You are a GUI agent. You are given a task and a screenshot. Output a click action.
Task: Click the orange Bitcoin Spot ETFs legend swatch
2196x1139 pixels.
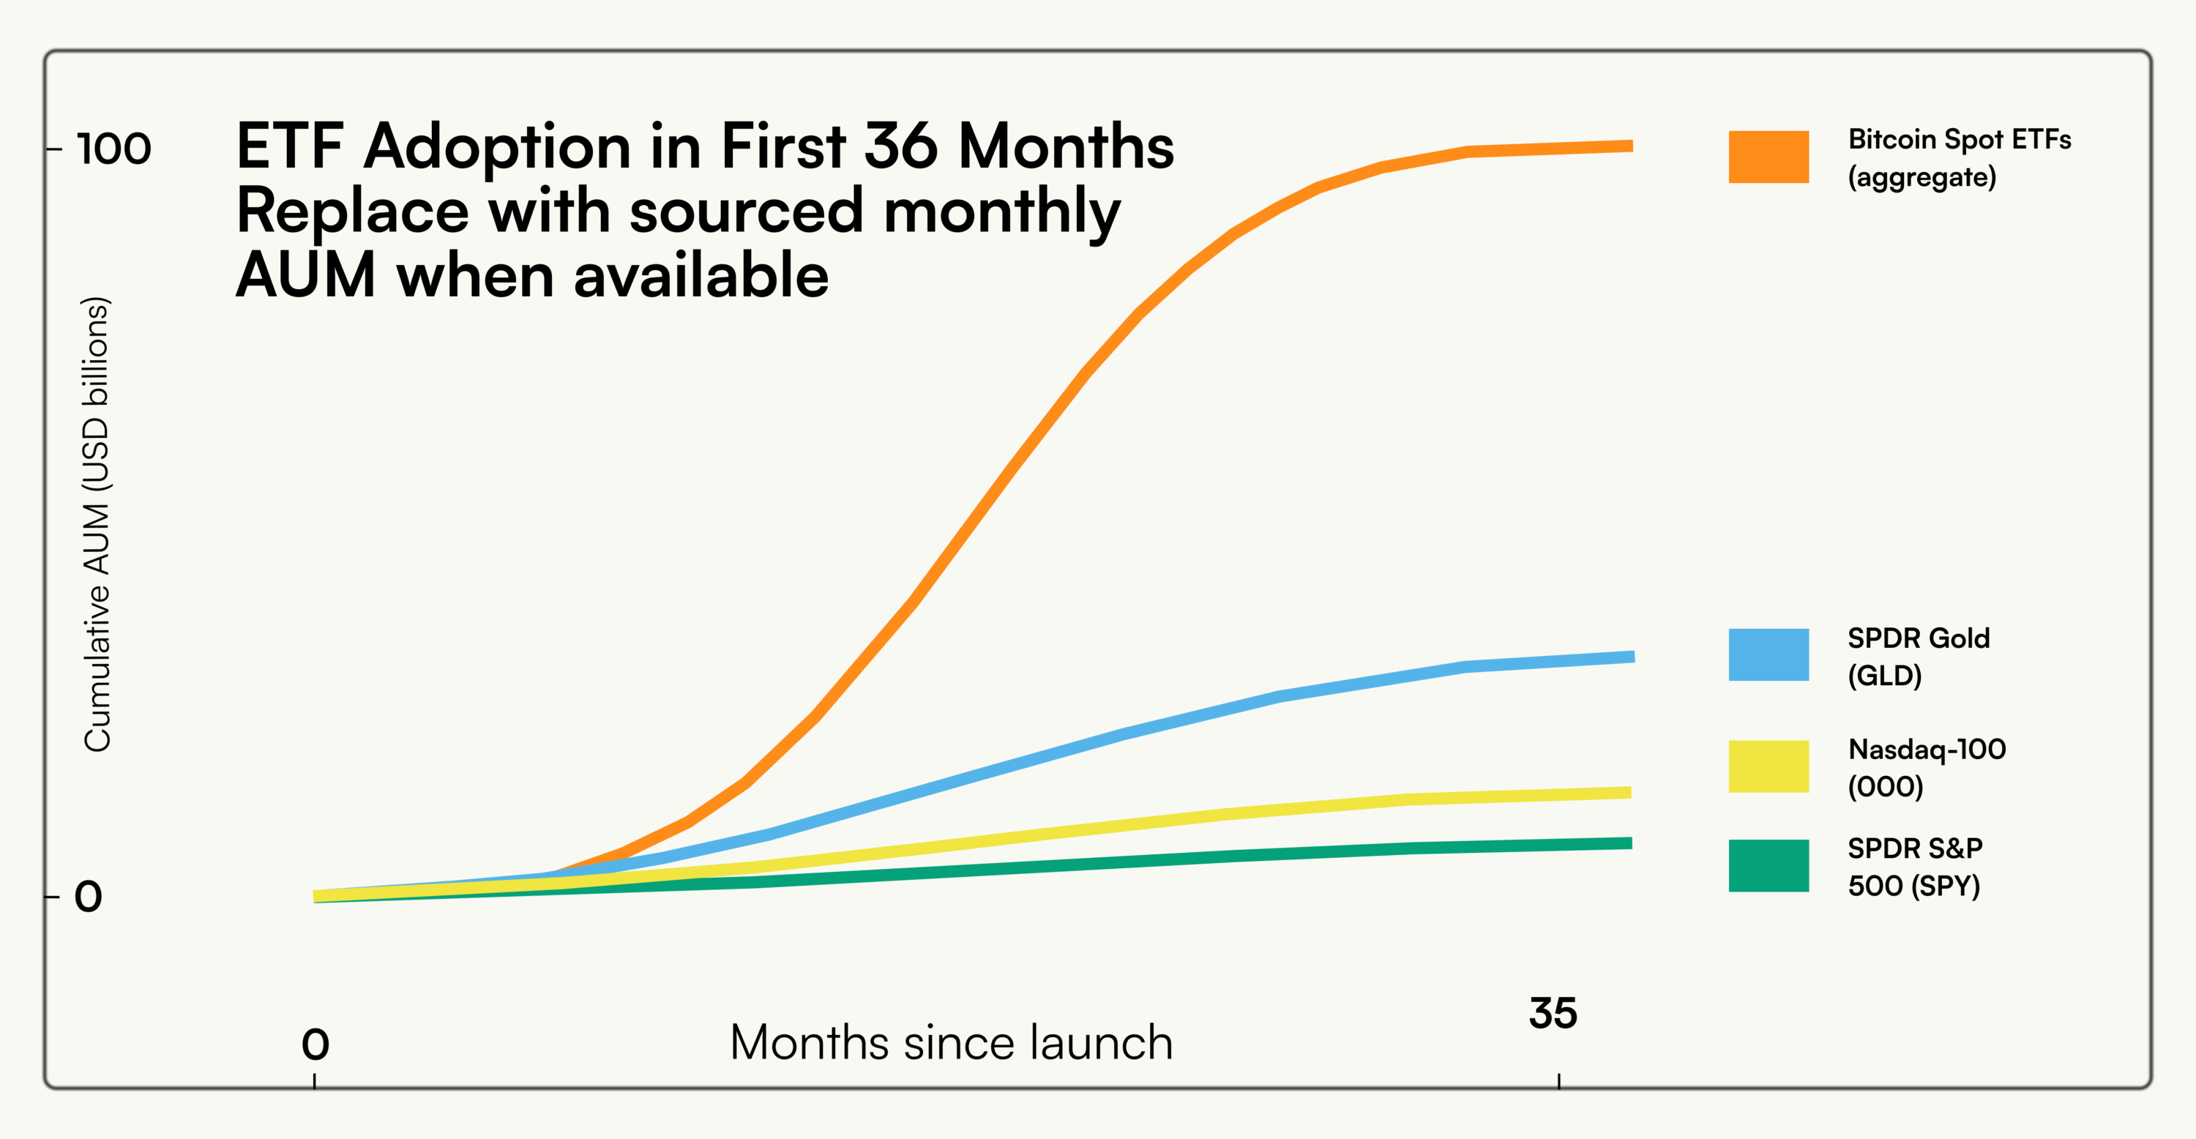[1768, 157]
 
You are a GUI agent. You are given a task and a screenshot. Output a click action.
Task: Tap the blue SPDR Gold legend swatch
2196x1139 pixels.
[1768, 654]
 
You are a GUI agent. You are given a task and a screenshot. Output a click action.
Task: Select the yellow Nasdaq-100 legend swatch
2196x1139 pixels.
[1768, 766]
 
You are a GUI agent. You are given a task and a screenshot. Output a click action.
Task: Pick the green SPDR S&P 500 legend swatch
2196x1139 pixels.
[1768, 865]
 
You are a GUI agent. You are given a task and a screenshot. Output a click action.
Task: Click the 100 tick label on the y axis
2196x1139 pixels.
[113, 149]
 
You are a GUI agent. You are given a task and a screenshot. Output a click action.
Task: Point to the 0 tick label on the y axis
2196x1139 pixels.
[88, 897]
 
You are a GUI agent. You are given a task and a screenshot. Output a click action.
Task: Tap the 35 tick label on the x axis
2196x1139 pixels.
[1553, 1014]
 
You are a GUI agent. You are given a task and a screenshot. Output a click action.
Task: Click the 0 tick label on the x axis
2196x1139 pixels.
[315, 1045]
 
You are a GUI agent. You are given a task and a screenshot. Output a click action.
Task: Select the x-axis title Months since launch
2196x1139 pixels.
[951, 1042]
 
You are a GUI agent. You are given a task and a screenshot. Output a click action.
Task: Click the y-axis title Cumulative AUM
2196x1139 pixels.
[97, 524]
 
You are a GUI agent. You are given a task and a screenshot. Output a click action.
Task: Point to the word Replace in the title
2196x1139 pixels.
[352, 211]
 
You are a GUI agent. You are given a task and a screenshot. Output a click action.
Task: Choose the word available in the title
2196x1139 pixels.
[701, 276]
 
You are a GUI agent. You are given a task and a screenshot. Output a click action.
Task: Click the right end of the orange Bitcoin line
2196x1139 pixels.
[1629, 146]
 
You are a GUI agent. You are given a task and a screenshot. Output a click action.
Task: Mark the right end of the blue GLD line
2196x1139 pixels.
[1631, 657]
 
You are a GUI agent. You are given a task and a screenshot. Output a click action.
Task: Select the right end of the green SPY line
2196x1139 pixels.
[1629, 843]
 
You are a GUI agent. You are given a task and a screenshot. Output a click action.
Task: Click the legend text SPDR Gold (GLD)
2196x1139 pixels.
[1918, 657]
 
